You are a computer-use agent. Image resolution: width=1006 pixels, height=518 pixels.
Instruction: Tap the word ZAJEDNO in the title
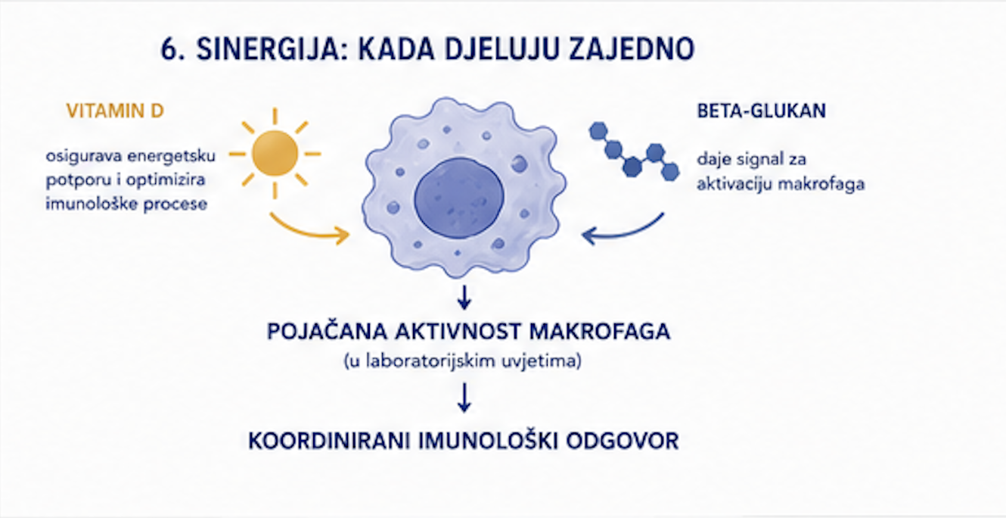click(632, 48)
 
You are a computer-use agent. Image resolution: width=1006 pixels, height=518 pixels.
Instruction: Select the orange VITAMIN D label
click(116, 111)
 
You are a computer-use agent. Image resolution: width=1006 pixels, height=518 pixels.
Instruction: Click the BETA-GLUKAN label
click(761, 111)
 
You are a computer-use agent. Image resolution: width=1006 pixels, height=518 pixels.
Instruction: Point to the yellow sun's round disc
click(275, 153)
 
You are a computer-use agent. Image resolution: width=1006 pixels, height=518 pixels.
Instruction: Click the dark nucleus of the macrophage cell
click(459, 198)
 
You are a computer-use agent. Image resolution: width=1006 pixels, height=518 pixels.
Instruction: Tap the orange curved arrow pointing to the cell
click(308, 231)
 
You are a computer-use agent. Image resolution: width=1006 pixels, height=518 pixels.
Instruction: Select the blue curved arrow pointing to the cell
click(622, 232)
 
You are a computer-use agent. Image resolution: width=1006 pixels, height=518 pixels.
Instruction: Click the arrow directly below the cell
click(464, 297)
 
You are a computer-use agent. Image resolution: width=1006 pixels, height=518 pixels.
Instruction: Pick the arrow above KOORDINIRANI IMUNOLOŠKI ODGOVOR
click(464, 398)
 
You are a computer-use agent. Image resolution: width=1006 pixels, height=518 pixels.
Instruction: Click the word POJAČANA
click(327, 332)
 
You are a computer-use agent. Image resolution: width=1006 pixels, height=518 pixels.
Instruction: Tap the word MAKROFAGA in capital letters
click(600, 332)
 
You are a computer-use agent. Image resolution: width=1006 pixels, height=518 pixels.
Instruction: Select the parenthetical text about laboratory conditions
click(463, 361)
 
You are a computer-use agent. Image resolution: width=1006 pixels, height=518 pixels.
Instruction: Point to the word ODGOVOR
click(623, 441)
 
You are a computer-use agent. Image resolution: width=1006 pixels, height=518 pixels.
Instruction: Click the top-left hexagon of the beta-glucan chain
click(598, 131)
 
